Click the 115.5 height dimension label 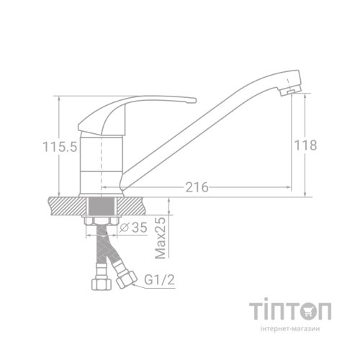pyautogui.click(x=60, y=147)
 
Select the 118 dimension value pyautogui.click(x=305, y=145)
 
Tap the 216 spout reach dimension pyautogui.click(x=197, y=187)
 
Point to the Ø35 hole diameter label pyautogui.click(x=133, y=228)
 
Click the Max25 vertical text pyautogui.click(x=161, y=238)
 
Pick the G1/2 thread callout pyautogui.click(x=159, y=279)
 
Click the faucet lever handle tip pyautogui.click(x=193, y=100)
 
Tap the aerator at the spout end pyautogui.click(x=290, y=91)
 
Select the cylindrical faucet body pyautogui.click(x=101, y=166)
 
